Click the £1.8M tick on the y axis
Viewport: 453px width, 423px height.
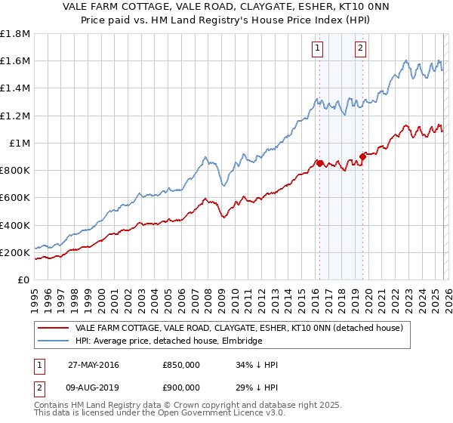coord(17,34)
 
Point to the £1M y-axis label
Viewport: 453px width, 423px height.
coord(20,144)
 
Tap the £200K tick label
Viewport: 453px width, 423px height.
coord(15,253)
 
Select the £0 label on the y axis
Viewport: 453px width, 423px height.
coord(24,280)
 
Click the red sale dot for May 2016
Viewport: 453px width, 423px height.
coord(319,163)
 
